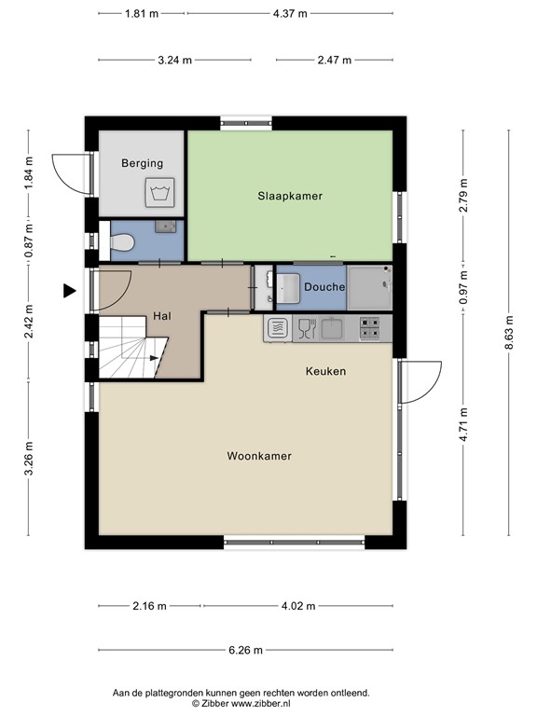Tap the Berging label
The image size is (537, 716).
(x=142, y=163)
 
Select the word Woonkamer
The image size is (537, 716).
(x=259, y=456)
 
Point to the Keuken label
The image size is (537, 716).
(x=325, y=371)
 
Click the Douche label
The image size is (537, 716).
(x=324, y=287)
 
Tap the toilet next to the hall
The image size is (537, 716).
(x=120, y=243)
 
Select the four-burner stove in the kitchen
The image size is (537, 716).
(x=370, y=328)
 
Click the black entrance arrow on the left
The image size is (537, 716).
(x=69, y=291)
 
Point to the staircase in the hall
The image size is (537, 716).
(x=131, y=347)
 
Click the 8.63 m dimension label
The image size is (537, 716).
(x=509, y=332)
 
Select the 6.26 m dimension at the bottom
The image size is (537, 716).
(x=245, y=651)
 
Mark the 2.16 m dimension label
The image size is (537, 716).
(x=149, y=606)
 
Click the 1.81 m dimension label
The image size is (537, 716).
(x=142, y=14)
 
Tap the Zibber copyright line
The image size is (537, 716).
(x=241, y=704)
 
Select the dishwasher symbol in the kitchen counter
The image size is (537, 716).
(x=277, y=328)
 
